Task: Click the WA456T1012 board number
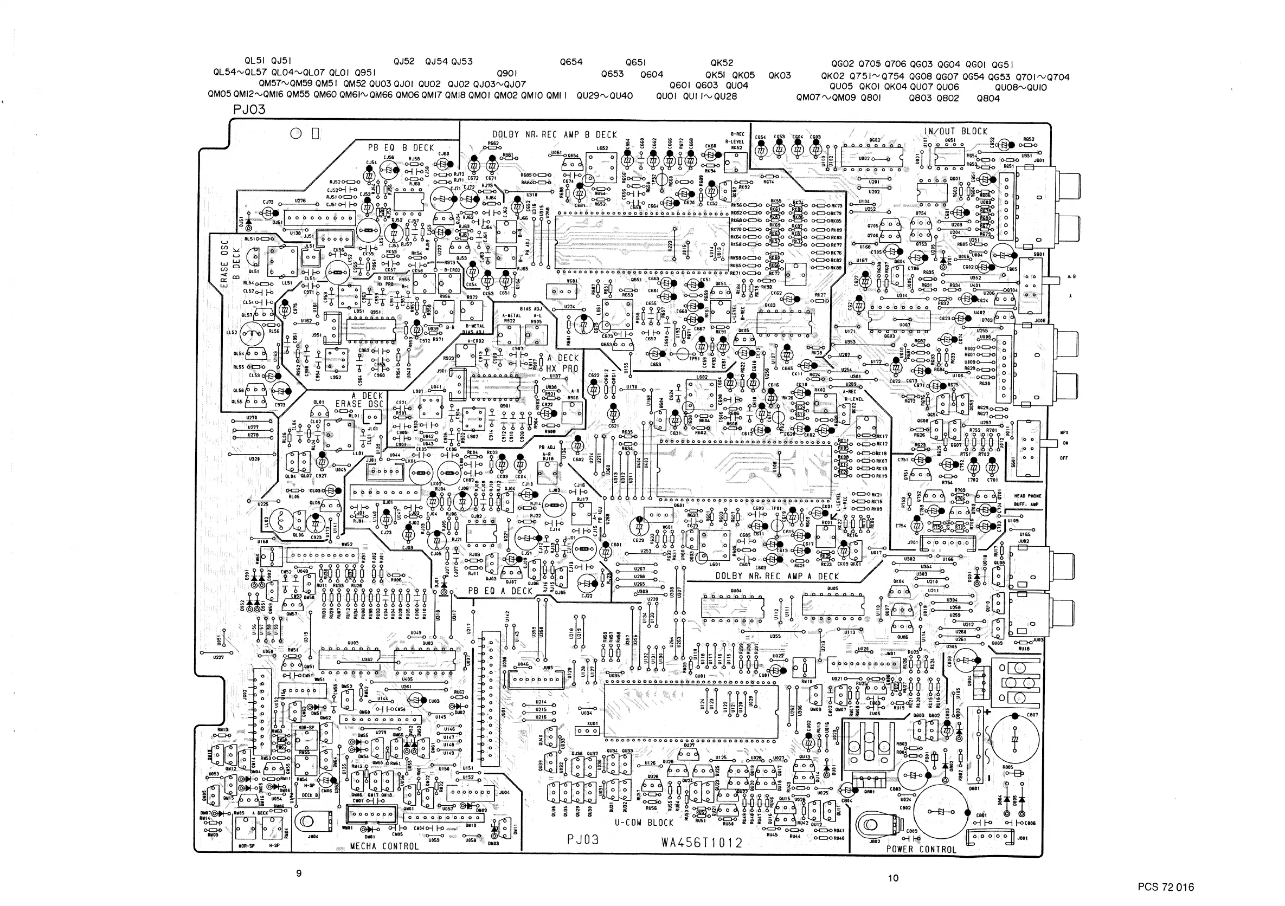[x=702, y=842]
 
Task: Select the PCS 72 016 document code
[x=1166, y=887]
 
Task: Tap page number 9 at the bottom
[x=299, y=873]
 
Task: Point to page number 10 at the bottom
[x=893, y=878]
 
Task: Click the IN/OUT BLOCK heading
[x=955, y=132]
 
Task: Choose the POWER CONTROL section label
[x=921, y=849]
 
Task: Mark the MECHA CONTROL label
[x=384, y=846]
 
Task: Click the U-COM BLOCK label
[x=644, y=823]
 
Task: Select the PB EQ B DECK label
[x=401, y=147]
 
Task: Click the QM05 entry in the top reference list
[x=220, y=95]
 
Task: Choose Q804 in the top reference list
[x=988, y=99]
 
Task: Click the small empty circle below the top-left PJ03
[x=296, y=134]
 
